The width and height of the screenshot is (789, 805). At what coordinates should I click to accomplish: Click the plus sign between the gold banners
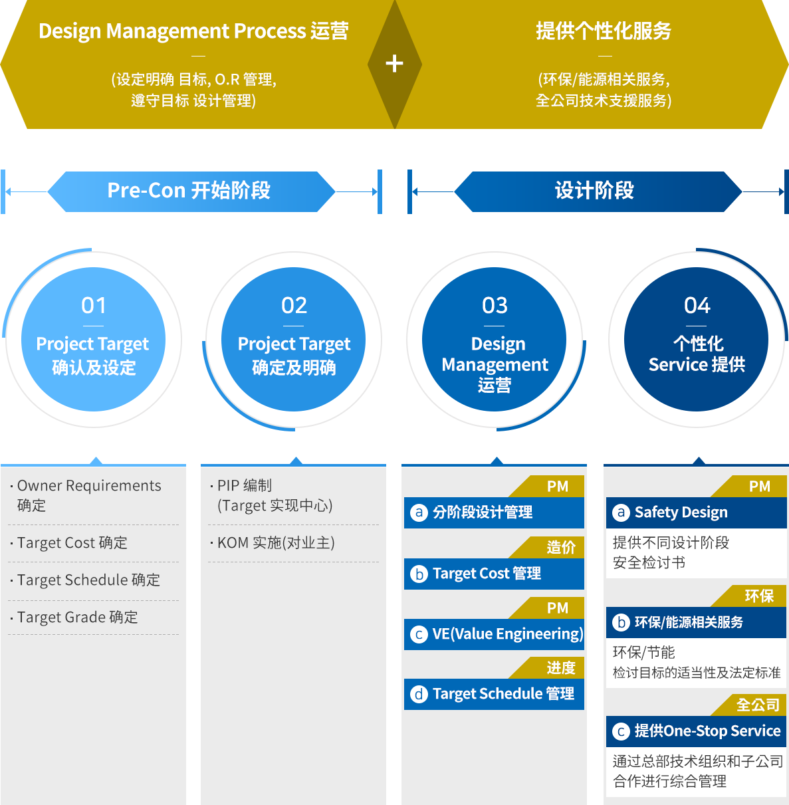tap(394, 64)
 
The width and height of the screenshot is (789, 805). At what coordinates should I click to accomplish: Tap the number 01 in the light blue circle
tap(94, 305)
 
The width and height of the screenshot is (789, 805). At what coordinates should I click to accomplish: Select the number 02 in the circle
tap(294, 305)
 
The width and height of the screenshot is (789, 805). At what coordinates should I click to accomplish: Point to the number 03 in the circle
tap(495, 305)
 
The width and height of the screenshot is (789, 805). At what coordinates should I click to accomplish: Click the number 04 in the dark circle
tap(697, 305)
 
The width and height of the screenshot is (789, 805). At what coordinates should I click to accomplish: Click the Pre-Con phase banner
tap(191, 191)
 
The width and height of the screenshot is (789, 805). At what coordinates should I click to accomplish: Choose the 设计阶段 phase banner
tap(598, 191)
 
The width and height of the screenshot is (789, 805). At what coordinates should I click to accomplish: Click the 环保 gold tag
tap(749, 596)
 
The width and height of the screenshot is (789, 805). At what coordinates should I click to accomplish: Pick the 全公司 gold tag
tap(749, 705)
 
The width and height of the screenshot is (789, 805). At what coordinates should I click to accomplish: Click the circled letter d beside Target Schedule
tap(419, 694)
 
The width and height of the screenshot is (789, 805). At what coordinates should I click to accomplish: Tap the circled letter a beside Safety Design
tap(621, 513)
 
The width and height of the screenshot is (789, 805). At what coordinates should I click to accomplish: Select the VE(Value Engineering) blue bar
tap(494, 634)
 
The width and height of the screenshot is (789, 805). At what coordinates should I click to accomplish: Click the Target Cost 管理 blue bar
tap(494, 574)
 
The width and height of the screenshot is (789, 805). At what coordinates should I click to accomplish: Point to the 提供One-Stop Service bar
tap(696, 731)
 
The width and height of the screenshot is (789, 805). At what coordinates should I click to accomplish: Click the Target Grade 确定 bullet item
tap(74, 617)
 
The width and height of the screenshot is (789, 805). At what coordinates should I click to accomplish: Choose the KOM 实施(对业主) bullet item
tap(273, 542)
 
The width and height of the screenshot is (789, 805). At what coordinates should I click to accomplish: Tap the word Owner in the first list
tap(40, 485)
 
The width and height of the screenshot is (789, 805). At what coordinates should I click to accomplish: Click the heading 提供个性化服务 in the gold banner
tap(604, 31)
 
